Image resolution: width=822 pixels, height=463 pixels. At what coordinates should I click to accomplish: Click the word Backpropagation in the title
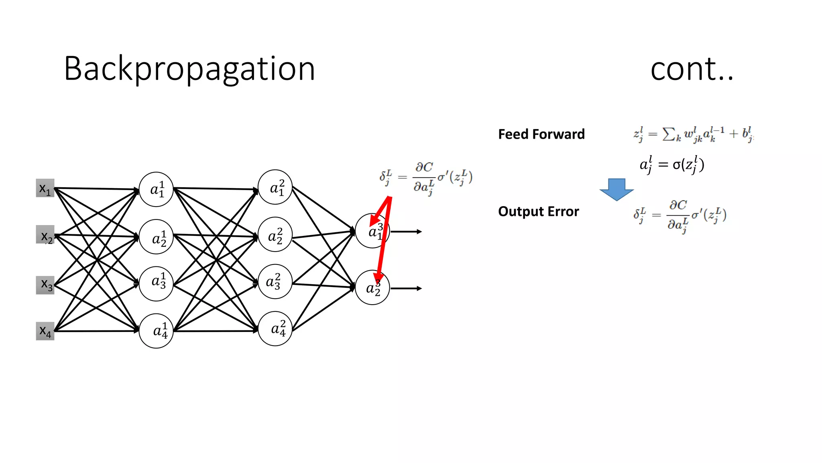coord(189,69)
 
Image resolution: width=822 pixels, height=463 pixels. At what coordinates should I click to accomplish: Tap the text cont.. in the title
coord(692,69)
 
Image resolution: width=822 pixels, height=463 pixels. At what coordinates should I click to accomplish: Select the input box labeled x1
coord(45,188)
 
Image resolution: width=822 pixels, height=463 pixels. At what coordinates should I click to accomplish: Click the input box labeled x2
coord(45,235)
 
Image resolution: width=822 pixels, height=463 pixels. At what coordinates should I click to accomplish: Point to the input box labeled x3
coord(45,285)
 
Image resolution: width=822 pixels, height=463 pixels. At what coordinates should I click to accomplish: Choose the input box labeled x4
coord(45,331)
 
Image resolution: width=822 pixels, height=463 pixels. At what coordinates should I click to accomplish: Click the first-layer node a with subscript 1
coord(156,189)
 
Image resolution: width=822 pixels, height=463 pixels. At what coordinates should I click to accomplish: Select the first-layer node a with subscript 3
coord(156,283)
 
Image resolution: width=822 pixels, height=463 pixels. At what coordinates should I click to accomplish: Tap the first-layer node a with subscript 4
coord(156,331)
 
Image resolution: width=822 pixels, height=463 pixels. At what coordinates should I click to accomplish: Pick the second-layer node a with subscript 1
coord(275,187)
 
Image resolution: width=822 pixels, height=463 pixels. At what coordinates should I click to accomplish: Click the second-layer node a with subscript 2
coord(275,235)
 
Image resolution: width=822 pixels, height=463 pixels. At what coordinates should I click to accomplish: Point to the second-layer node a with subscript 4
coord(275,329)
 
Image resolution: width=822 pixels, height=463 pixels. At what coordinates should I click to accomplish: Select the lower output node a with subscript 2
coord(372,288)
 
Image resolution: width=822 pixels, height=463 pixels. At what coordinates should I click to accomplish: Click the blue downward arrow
coord(616,189)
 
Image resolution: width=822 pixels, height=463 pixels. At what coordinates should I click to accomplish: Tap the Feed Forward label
coord(541,134)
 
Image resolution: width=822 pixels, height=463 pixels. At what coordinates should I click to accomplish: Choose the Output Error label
coord(538,212)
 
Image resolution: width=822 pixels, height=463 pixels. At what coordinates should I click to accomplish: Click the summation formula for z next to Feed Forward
coord(693,134)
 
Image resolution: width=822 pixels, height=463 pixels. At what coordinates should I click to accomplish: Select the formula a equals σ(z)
coord(671,165)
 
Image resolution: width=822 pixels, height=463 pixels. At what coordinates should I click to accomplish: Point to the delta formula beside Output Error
coord(680,216)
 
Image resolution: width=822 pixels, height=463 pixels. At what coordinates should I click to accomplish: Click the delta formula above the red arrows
coord(426,178)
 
